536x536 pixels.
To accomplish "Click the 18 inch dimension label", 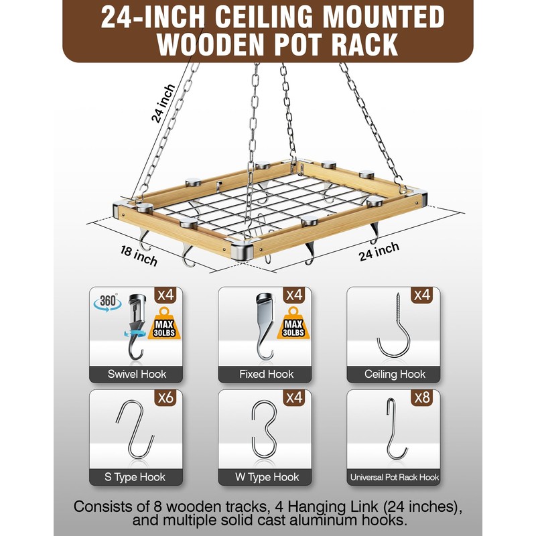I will coord(139,253).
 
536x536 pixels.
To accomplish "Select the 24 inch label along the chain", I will coord(162,103).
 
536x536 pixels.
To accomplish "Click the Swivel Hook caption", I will coord(137,374).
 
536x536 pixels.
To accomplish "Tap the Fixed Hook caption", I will coord(266,374).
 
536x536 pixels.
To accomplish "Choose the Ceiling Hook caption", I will coord(394,374).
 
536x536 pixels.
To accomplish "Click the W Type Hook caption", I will coord(266,477).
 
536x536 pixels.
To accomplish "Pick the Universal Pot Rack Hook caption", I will coord(394,477).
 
